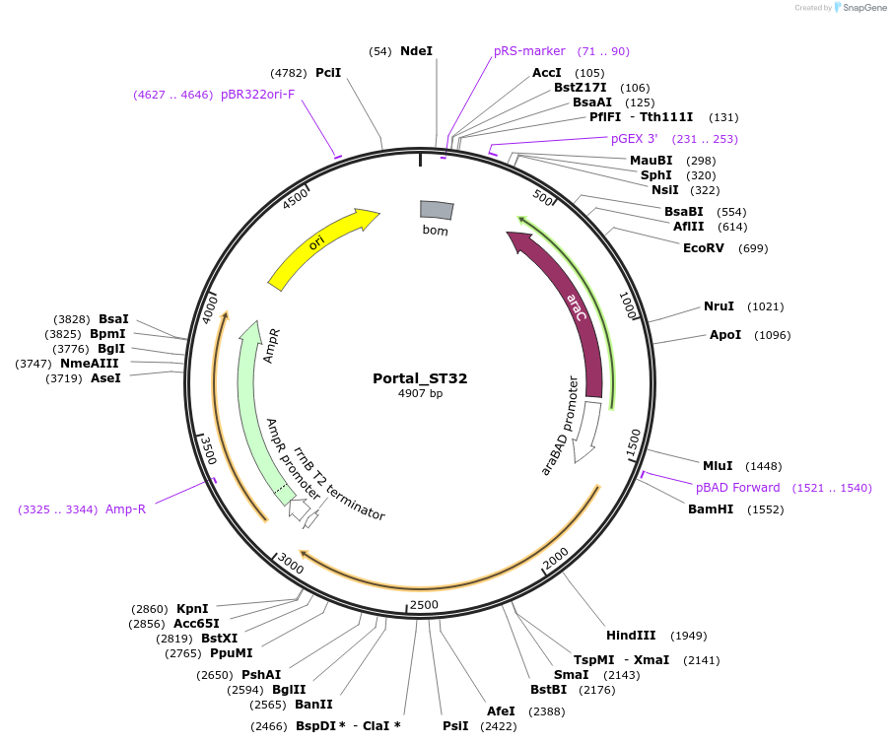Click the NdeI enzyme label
click(416, 50)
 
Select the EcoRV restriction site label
click(704, 248)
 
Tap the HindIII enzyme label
click(631, 635)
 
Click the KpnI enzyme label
click(192, 608)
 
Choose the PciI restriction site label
click(328, 72)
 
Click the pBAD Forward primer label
click(737, 488)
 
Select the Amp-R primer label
click(125, 508)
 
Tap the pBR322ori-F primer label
click(257, 95)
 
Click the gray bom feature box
click(437, 210)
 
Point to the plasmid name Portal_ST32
click(420, 378)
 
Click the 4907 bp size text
click(421, 394)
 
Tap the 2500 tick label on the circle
click(424, 604)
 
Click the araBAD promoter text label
click(560, 425)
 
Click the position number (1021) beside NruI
click(766, 306)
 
